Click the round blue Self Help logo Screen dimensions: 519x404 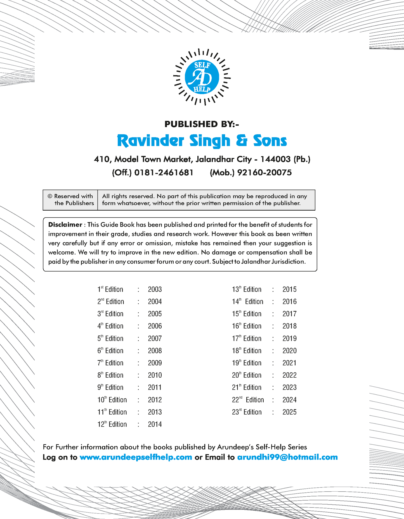(202, 77)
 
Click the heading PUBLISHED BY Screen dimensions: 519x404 (202, 124)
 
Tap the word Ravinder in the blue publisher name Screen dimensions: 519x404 (150, 141)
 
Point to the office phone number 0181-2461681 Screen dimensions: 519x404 (164, 173)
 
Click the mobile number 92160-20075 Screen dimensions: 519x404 (264, 173)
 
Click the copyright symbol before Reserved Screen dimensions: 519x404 (50, 196)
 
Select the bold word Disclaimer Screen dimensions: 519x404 (65, 225)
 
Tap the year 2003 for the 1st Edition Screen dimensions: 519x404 (155, 289)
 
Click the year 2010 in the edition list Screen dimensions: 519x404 (155, 375)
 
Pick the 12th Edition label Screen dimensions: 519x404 (112, 424)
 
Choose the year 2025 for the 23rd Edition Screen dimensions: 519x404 (289, 412)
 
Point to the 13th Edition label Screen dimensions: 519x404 (247, 289)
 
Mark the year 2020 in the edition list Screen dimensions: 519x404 (289, 351)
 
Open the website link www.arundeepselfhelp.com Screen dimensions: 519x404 (136, 457)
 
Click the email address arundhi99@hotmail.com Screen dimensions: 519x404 (287, 457)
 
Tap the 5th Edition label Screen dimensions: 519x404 (110, 339)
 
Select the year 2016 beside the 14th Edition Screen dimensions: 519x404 (289, 302)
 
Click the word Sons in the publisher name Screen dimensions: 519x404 (270, 141)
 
